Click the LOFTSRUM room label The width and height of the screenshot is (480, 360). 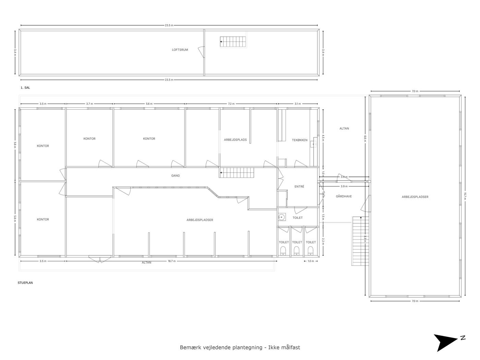pos(180,50)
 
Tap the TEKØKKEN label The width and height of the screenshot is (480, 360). pos(300,140)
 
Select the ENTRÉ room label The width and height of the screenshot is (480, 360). pos(299,187)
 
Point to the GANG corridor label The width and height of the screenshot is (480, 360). pos(176,176)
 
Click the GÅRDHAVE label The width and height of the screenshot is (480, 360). pos(344,196)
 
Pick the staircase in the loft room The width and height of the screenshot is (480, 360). pos(233,42)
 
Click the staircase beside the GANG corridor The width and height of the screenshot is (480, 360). pos(237,173)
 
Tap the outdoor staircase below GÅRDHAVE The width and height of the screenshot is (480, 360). pos(360,241)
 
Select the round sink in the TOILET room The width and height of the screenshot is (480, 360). pos(281,217)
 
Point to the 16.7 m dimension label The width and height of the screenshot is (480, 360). pos(172,261)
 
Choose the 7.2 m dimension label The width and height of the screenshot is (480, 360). pos(231,104)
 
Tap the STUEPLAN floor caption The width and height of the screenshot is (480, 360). pos(25,283)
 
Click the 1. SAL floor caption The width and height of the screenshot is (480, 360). pos(25,88)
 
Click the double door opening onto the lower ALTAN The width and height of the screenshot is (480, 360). pos(100,259)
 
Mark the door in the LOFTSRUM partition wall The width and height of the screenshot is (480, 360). pos(202,52)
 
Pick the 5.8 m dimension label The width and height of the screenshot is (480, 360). pos(15,219)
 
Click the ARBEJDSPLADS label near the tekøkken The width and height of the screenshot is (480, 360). pos(235,140)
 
